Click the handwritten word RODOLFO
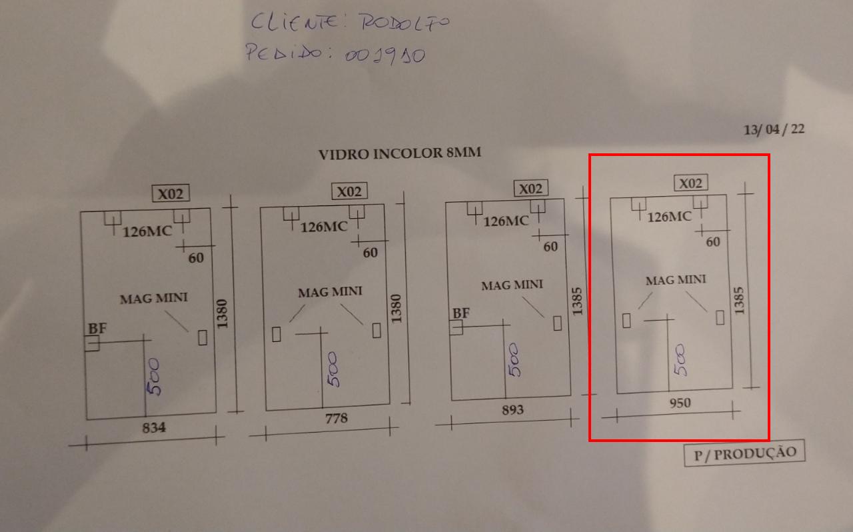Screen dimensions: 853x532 click(405, 23)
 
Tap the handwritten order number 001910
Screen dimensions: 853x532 click(385, 56)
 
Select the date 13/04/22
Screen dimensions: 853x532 click(774, 129)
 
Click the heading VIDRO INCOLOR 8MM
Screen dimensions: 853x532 click(400, 153)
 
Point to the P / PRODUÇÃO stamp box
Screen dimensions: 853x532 click(744, 453)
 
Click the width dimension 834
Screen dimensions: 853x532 click(154, 427)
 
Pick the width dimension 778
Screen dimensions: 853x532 click(337, 419)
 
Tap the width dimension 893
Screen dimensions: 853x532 click(512, 410)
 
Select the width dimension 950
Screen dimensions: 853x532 click(680, 403)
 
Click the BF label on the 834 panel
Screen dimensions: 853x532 click(97, 329)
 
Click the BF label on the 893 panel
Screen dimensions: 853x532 click(460, 313)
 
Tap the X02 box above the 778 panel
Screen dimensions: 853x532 click(349, 191)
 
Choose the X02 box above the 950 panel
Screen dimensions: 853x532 click(691, 183)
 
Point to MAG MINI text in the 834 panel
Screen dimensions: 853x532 click(154, 298)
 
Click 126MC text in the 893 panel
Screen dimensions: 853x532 click(506, 221)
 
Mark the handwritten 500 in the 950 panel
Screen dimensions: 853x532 click(681, 359)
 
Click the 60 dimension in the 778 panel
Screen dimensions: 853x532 click(370, 253)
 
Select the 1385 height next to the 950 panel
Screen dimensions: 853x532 click(738, 301)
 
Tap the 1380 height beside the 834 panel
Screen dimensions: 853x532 click(222, 314)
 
